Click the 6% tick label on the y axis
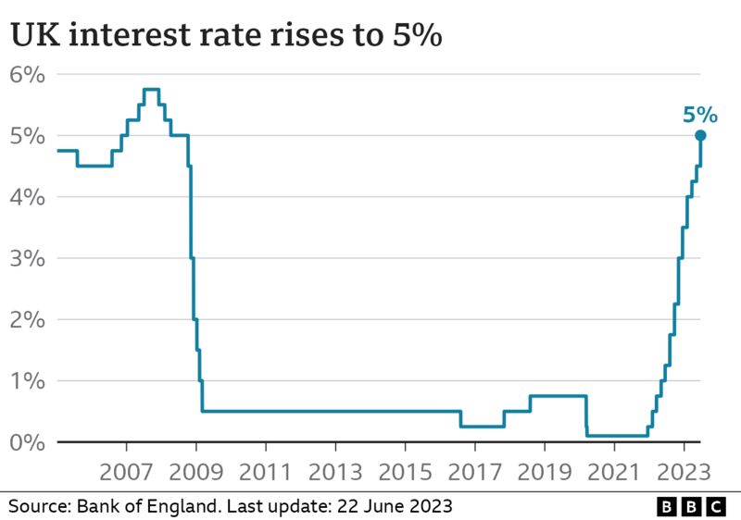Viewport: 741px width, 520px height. tap(28, 75)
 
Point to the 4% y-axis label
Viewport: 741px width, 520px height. tap(28, 197)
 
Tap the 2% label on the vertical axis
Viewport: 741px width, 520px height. tap(28, 319)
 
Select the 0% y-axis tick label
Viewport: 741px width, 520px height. tap(28, 442)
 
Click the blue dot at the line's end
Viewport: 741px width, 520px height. tap(701, 136)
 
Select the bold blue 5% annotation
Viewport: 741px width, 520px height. tap(699, 115)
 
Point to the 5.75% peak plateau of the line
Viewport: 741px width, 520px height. tap(151, 90)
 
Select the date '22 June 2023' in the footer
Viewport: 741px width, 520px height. tap(395, 506)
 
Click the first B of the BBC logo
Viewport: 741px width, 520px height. tap(668, 506)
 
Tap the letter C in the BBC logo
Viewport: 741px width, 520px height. tap(716, 506)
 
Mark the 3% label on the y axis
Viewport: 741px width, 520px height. tap(28, 258)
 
